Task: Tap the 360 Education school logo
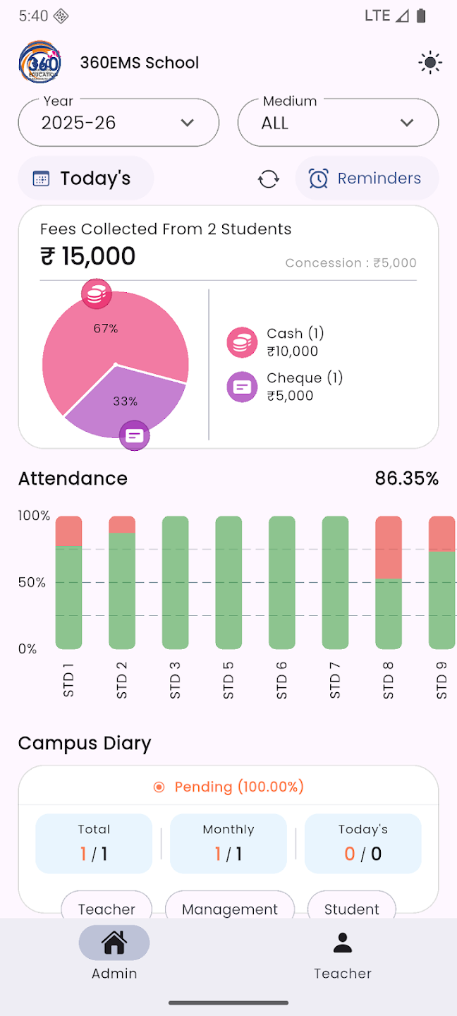click(39, 62)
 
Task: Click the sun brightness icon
click(429, 63)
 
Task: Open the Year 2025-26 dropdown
click(118, 123)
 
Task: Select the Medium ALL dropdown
click(338, 123)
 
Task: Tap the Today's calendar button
click(85, 179)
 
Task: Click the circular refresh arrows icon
click(269, 179)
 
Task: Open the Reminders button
click(367, 179)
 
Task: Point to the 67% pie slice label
click(106, 328)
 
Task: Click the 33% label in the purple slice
click(125, 401)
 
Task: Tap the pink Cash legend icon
click(242, 342)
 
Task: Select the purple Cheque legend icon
click(242, 387)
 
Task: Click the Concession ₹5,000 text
click(351, 263)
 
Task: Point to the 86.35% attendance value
click(406, 478)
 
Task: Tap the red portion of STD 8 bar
click(389, 547)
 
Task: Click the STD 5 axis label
click(228, 680)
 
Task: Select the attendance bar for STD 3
click(175, 582)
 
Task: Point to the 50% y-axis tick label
click(32, 583)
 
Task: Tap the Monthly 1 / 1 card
click(228, 844)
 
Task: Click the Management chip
click(230, 908)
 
